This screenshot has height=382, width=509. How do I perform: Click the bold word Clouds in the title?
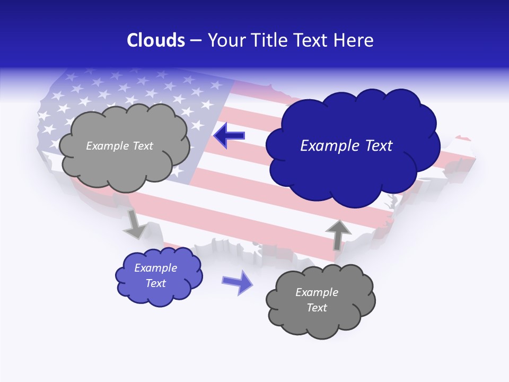click(156, 40)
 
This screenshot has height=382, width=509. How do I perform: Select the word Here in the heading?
click(354, 40)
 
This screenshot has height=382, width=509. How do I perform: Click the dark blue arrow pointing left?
click(229, 135)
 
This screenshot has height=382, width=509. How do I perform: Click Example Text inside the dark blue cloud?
click(346, 146)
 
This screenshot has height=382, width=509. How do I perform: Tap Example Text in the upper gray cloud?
click(119, 146)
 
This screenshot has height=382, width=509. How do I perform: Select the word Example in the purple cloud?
click(156, 268)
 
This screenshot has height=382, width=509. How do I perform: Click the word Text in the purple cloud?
click(156, 283)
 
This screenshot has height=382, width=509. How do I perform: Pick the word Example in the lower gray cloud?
click(317, 292)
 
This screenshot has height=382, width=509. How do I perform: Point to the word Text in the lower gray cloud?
click(317, 308)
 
